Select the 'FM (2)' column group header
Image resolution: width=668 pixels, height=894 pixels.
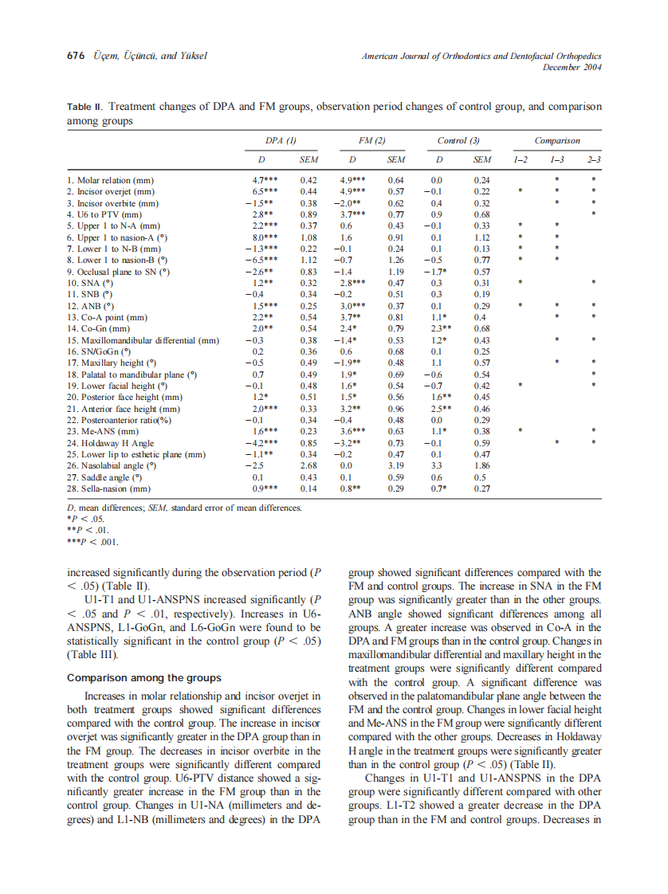(x=372, y=141)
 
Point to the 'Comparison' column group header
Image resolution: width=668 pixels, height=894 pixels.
(x=557, y=141)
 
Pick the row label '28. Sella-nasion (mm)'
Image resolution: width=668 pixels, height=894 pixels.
(x=109, y=488)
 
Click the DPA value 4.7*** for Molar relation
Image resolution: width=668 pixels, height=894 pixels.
(x=264, y=180)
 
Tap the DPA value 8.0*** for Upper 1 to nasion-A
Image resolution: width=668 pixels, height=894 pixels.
(x=264, y=237)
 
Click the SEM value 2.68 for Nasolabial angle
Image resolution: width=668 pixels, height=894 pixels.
(x=308, y=465)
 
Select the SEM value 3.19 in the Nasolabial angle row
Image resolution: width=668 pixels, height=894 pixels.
(x=395, y=465)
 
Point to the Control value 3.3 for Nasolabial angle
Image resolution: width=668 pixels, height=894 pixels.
(x=435, y=465)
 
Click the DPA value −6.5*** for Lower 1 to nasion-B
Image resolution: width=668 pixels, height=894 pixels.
(x=261, y=259)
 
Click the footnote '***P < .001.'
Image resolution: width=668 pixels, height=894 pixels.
(x=92, y=542)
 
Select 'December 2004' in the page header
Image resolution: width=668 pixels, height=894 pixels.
(x=572, y=67)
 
